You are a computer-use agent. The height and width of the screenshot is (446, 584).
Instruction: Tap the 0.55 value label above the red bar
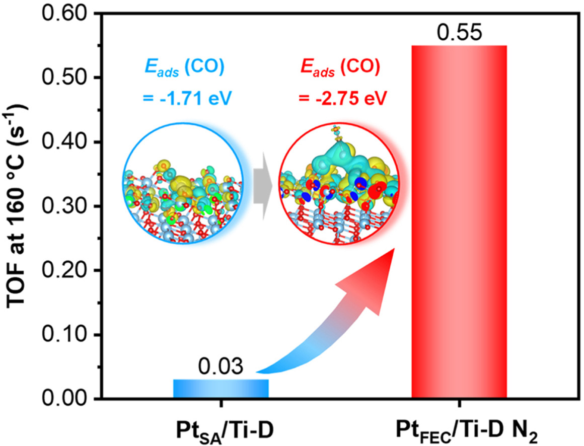click(459, 33)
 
